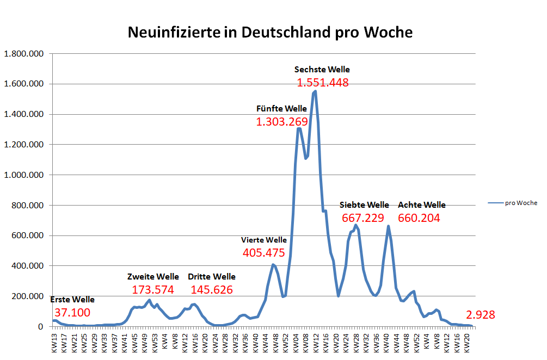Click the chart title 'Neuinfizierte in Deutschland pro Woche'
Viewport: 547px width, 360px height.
[x=270, y=32]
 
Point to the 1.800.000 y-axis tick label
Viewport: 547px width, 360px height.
[x=25, y=54]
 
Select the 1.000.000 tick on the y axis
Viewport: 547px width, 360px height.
[x=25, y=175]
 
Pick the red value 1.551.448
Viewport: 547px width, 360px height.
[x=322, y=83]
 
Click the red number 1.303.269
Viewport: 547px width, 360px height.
[x=282, y=122]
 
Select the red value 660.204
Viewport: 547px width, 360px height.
[x=419, y=218]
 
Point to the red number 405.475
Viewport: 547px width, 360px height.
[x=264, y=252]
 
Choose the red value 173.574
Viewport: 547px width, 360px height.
[x=152, y=290]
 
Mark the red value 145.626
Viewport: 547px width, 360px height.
[x=211, y=290]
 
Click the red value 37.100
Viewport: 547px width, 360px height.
[x=72, y=313]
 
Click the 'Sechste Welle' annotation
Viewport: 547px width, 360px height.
[x=322, y=70]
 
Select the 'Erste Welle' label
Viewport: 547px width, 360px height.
[x=72, y=300]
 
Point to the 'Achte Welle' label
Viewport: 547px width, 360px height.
[x=421, y=205]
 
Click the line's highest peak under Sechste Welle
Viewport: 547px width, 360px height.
[x=315, y=91]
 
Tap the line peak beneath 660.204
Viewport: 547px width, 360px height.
[x=388, y=226]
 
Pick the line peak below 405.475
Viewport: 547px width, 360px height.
[x=273, y=265]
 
